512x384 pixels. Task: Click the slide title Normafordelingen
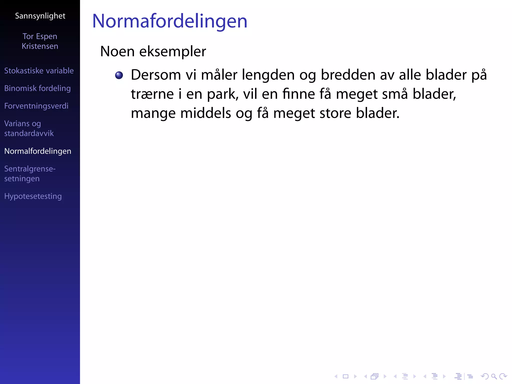(170, 21)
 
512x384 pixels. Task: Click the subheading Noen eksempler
(153, 51)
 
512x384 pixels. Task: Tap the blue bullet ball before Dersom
(119, 75)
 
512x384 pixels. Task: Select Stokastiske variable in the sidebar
(39, 71)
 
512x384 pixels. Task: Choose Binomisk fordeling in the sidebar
(37, 88)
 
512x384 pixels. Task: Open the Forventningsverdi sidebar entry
(36, 106)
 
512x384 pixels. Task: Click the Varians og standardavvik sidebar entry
(29, 128)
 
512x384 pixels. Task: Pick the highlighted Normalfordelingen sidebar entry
(38, 151)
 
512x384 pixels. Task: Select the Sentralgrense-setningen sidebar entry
(30, 174)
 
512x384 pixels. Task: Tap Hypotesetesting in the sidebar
(33, 196)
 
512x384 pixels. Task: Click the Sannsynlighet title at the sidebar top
(40, 16)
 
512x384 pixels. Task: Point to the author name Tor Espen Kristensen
(40, 41)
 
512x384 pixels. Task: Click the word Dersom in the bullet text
(156, 75)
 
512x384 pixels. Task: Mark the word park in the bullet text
(222, 94)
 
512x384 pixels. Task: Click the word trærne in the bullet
(152, 94)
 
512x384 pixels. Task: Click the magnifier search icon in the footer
(494, 376)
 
